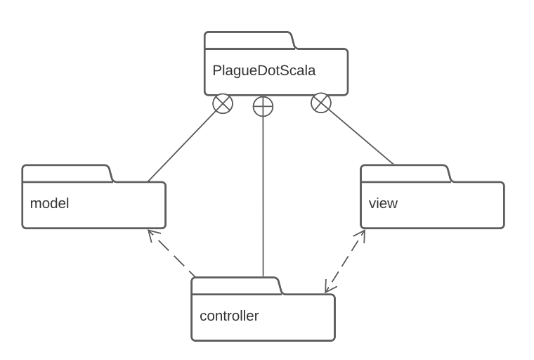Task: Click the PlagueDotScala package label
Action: [263, 71]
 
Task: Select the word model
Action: [49, 204]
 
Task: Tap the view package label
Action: [383, 204]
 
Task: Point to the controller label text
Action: [229, 316]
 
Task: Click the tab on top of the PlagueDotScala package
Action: [249, 40]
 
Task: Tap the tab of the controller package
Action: [236, 286]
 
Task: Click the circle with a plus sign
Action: [263, 106]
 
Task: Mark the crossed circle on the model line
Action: [223, 104]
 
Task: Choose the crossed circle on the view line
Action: [320, 103]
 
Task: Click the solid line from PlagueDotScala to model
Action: [184, 144]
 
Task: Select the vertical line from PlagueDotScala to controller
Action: [263, 197]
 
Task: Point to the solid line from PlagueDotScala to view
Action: [358, 135]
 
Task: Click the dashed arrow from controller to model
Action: [172, 254]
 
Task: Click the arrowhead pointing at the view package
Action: [363, 234]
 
